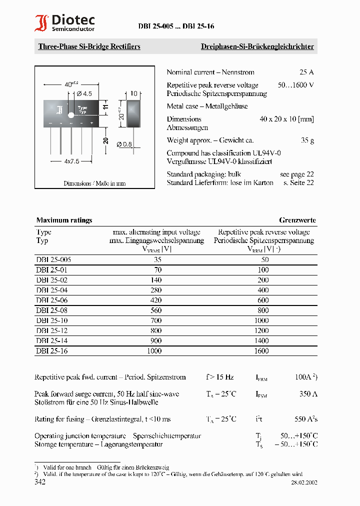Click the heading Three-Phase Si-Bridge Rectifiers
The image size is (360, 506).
[89, 46]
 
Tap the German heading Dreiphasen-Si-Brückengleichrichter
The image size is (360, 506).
[257, 46]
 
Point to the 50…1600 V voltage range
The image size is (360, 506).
[295, 85]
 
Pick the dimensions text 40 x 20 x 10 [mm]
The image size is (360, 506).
[286, 119]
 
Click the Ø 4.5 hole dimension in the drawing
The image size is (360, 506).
[83, 93]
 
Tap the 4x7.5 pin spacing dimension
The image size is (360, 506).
[71, 161]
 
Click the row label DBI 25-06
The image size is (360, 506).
[51, 300]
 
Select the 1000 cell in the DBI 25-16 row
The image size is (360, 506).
[154, 351]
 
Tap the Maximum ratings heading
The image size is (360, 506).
[64, 220]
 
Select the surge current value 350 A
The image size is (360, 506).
[308, 394]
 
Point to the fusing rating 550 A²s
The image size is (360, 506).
[306, 419]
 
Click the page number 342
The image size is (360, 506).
[40, 482]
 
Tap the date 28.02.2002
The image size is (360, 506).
[304, 483]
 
